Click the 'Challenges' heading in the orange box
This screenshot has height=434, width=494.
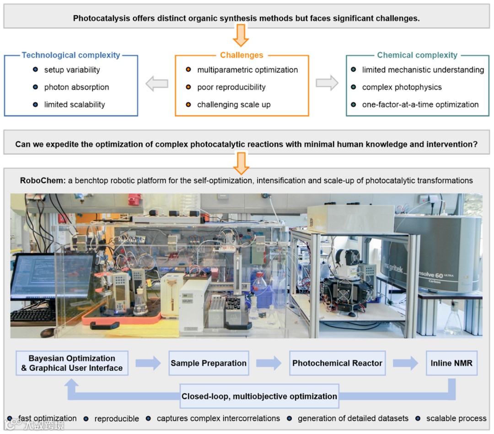pos(242,55)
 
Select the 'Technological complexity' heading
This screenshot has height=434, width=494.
pos(71,55)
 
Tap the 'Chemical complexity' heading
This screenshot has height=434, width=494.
pos(417,55)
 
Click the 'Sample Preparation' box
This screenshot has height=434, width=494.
pos(209,363)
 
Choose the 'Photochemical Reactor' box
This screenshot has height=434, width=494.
pos(337,363)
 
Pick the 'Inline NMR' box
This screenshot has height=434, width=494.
pos(451,363)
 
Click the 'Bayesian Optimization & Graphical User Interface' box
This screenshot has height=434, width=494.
pos(72,363)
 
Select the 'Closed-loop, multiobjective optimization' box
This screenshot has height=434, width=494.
pos(259,396)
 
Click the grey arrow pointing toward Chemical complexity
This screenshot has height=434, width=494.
pos(327,83)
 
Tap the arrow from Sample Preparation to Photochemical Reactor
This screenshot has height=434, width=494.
pos(269,363)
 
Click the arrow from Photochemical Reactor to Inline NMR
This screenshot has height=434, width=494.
pos(405,363)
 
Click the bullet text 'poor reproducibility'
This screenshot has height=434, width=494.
pos(231,87)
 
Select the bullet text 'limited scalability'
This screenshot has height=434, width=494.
pos(75,104)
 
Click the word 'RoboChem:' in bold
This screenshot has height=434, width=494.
pos(38,180)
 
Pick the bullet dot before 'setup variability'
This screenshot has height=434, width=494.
pos(35,70)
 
